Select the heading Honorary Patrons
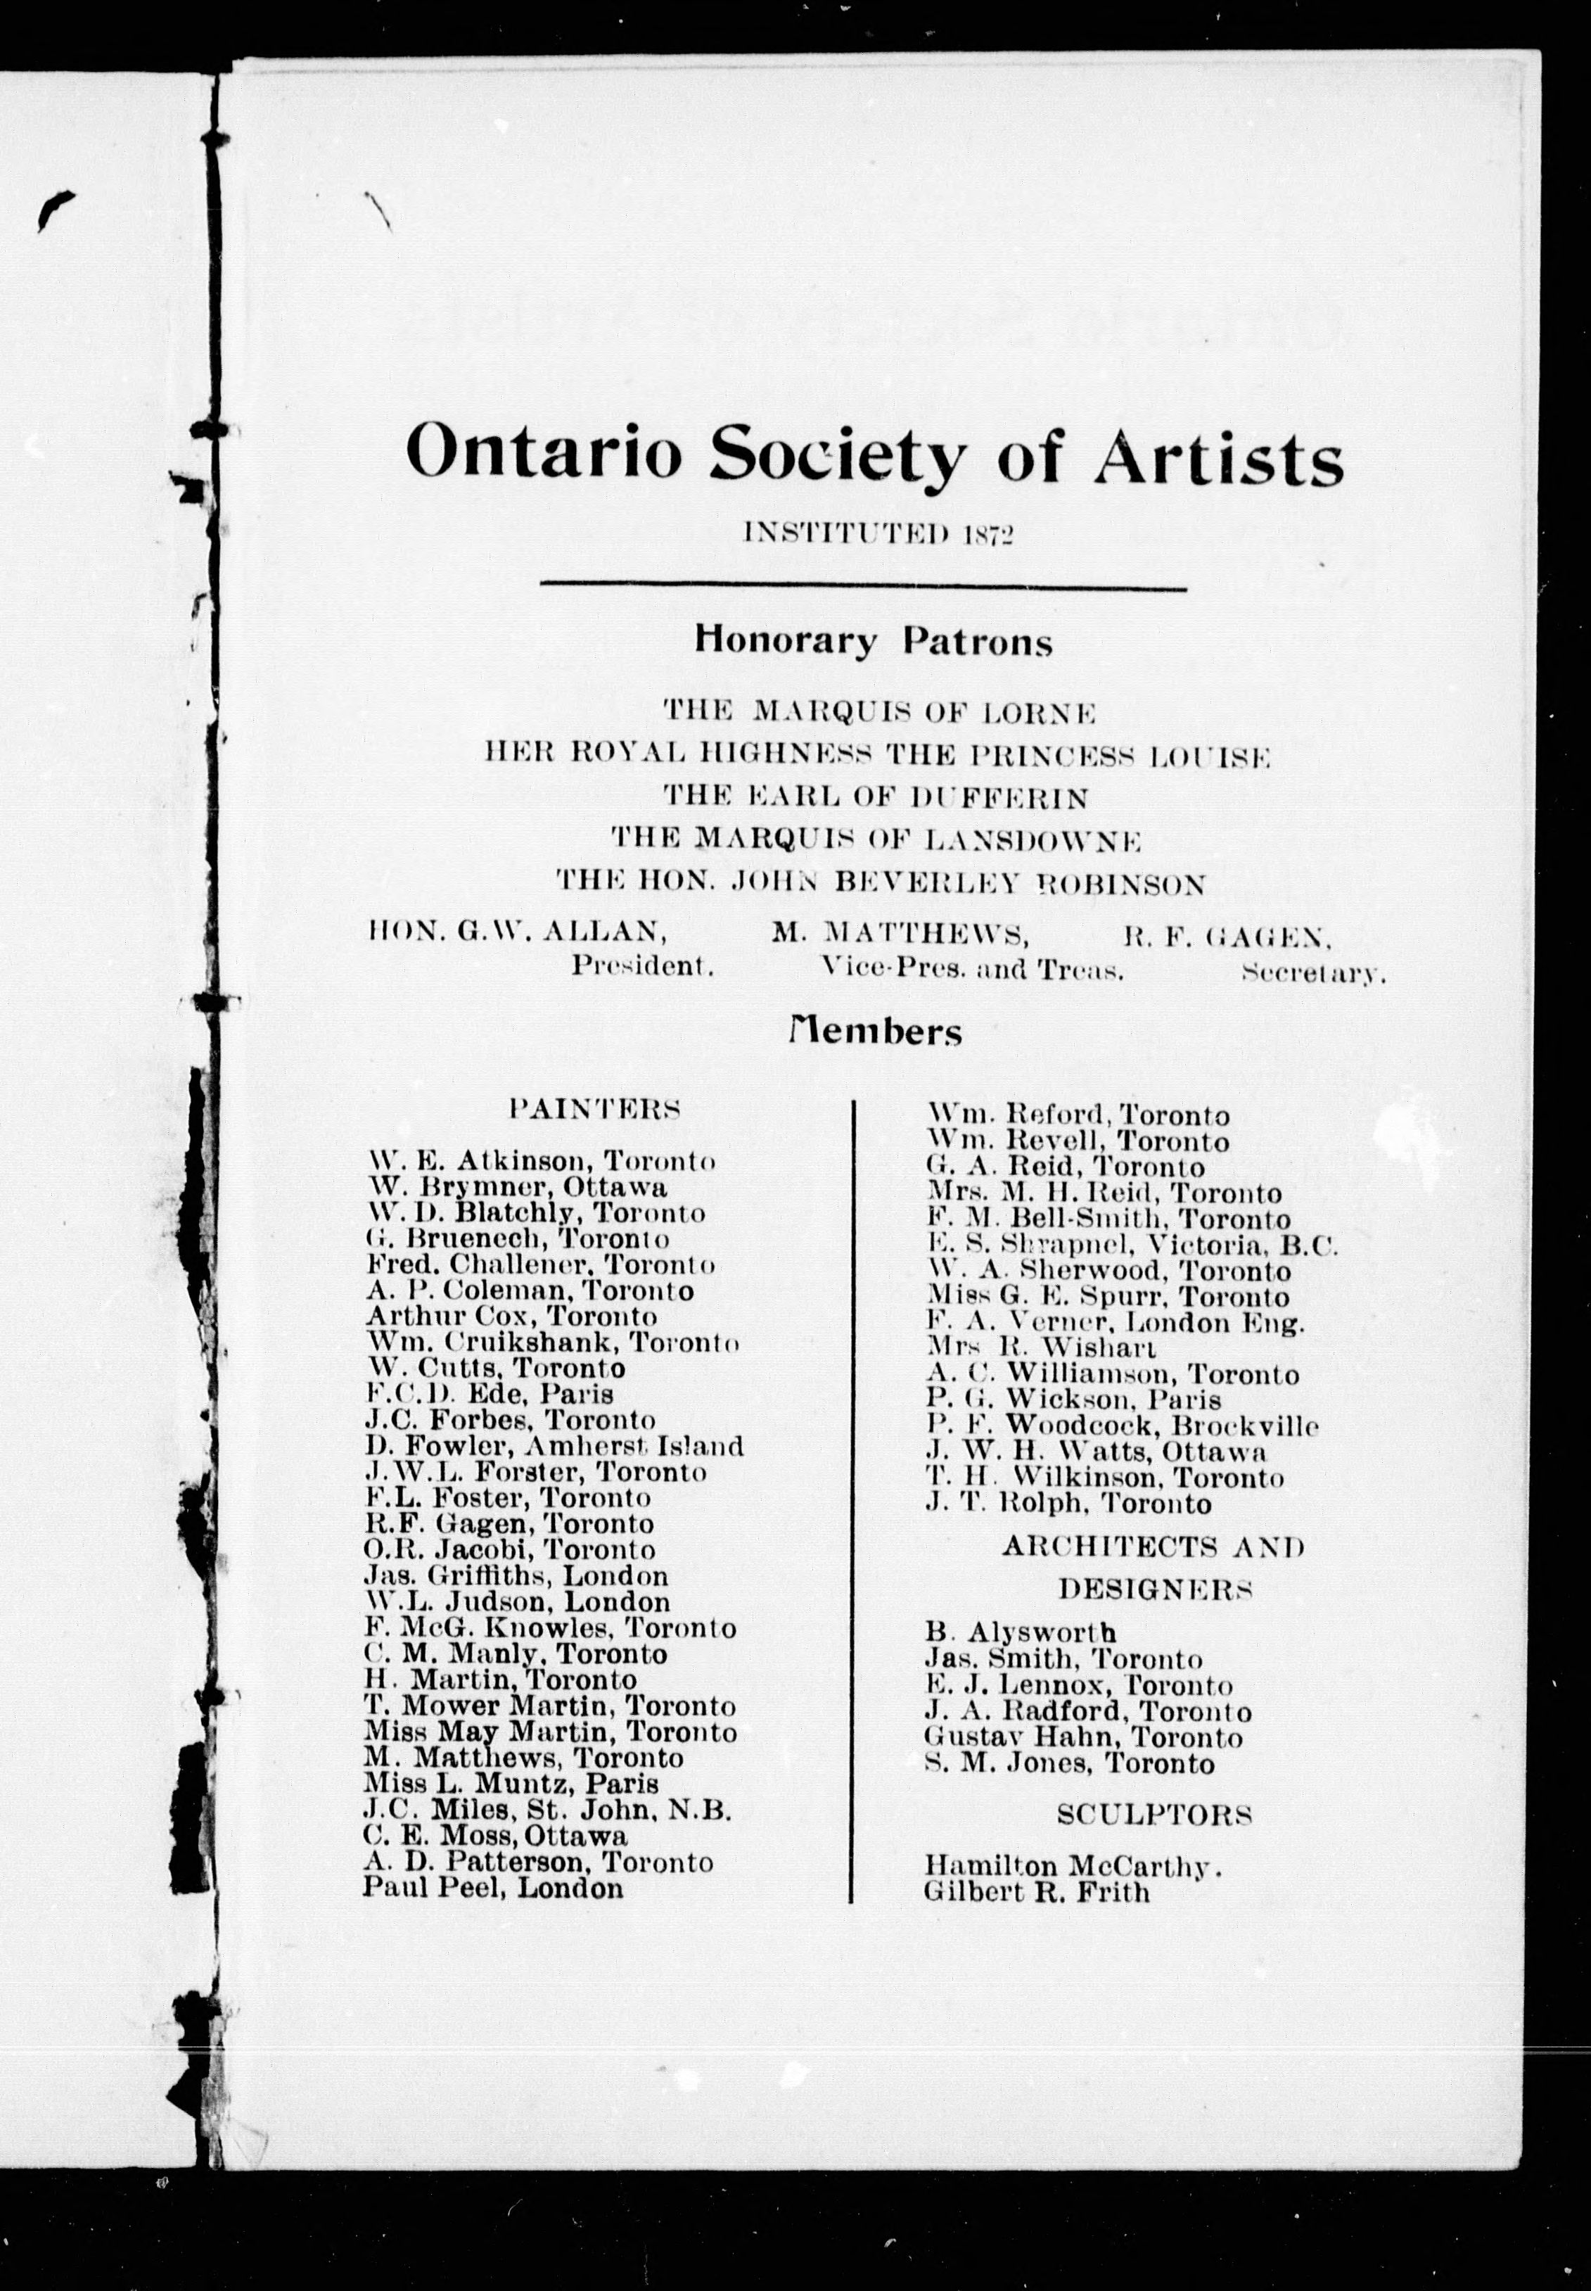pyautogui.click(x=874, y=641)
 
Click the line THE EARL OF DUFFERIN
pyautogui.click(x=874, y=797)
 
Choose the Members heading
pyautogui.click(x=874, y=1031)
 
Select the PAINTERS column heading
pyautogui.click(x=595, y=1109)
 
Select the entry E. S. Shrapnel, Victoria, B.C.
pyautogui.click(x=1132, y=1245)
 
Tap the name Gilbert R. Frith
pyautogui.click(x=1037, y=1891)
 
